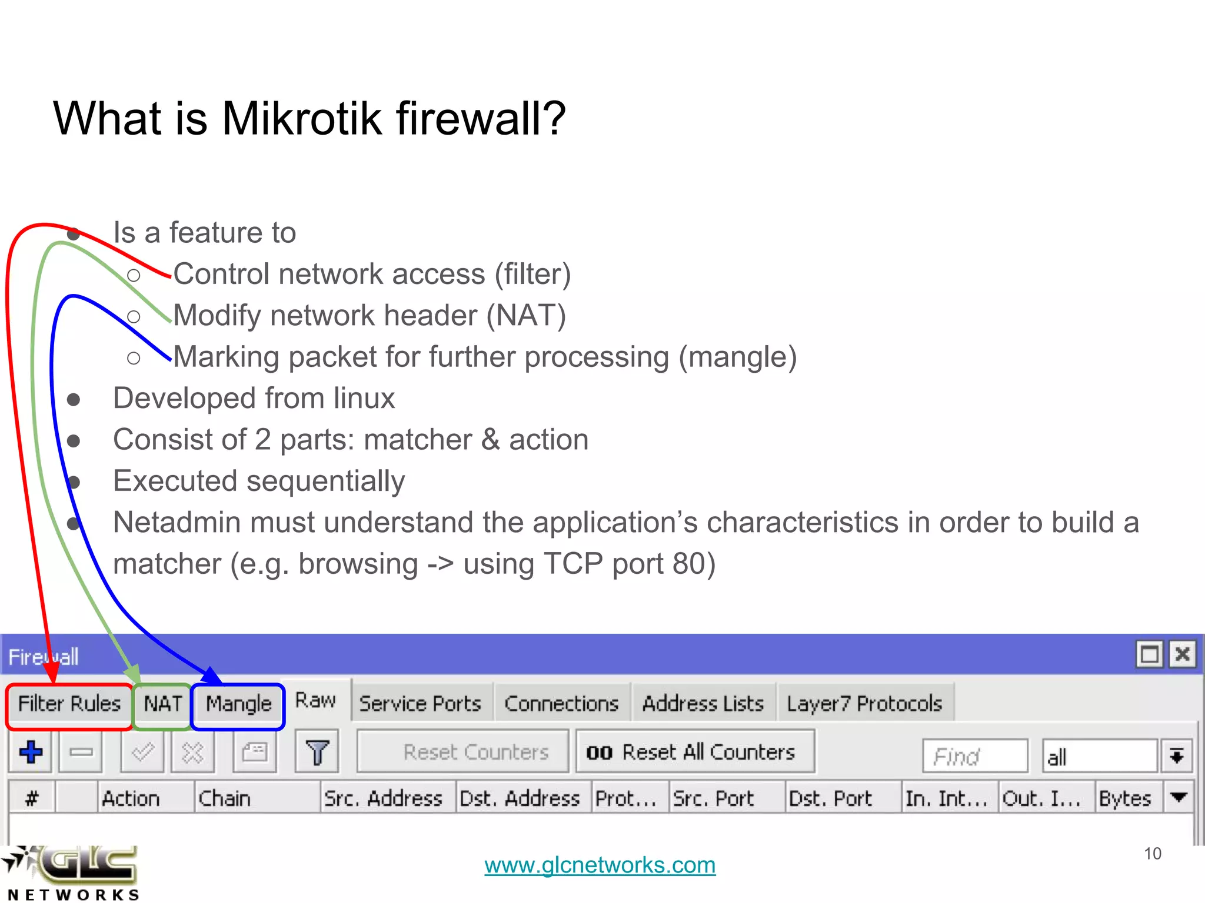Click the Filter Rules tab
point(69,704)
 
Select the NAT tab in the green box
point(162,704)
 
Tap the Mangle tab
point(238,704)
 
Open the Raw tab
point(315,700)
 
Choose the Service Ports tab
point(420,704)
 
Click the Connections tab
point(561,704)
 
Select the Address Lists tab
point(703,704)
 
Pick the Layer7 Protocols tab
point(864,704)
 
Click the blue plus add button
point(31,752)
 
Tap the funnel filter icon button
point(317,752)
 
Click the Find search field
point(974,757)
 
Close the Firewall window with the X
point(1183,654)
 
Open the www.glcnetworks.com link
point(600,865)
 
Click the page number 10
point(1152,854)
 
